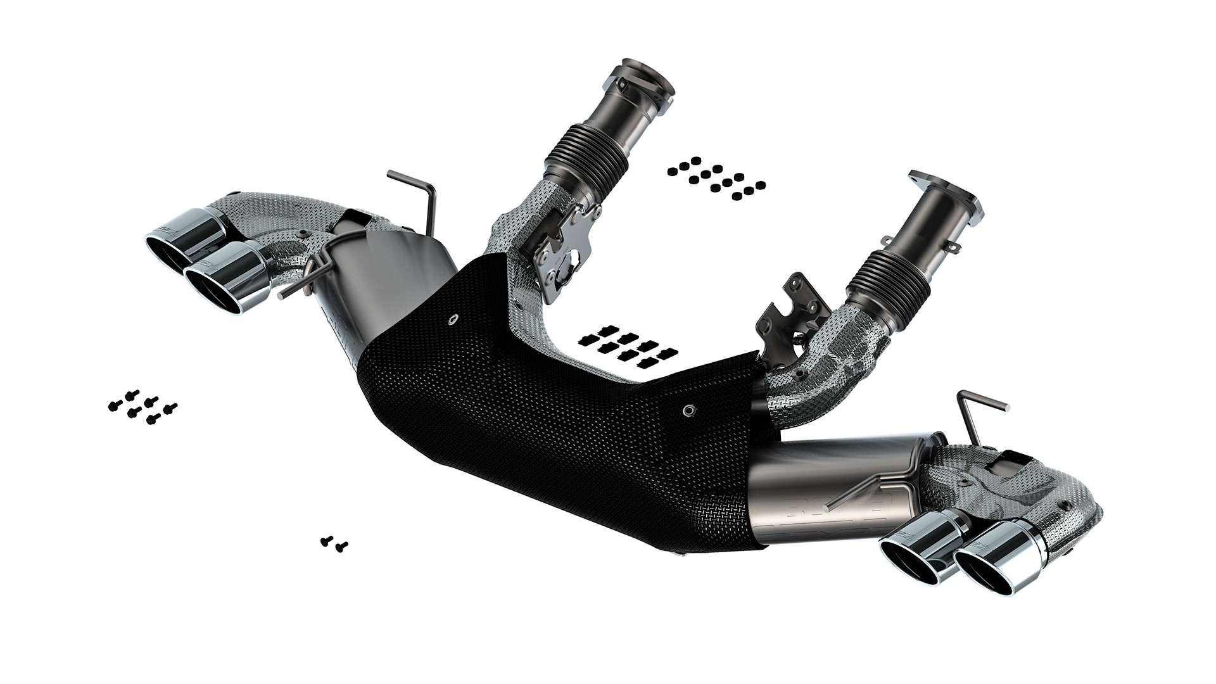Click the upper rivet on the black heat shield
click(452, 320)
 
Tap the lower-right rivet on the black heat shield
click(688, 411)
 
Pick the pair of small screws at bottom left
click(333, 542)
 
